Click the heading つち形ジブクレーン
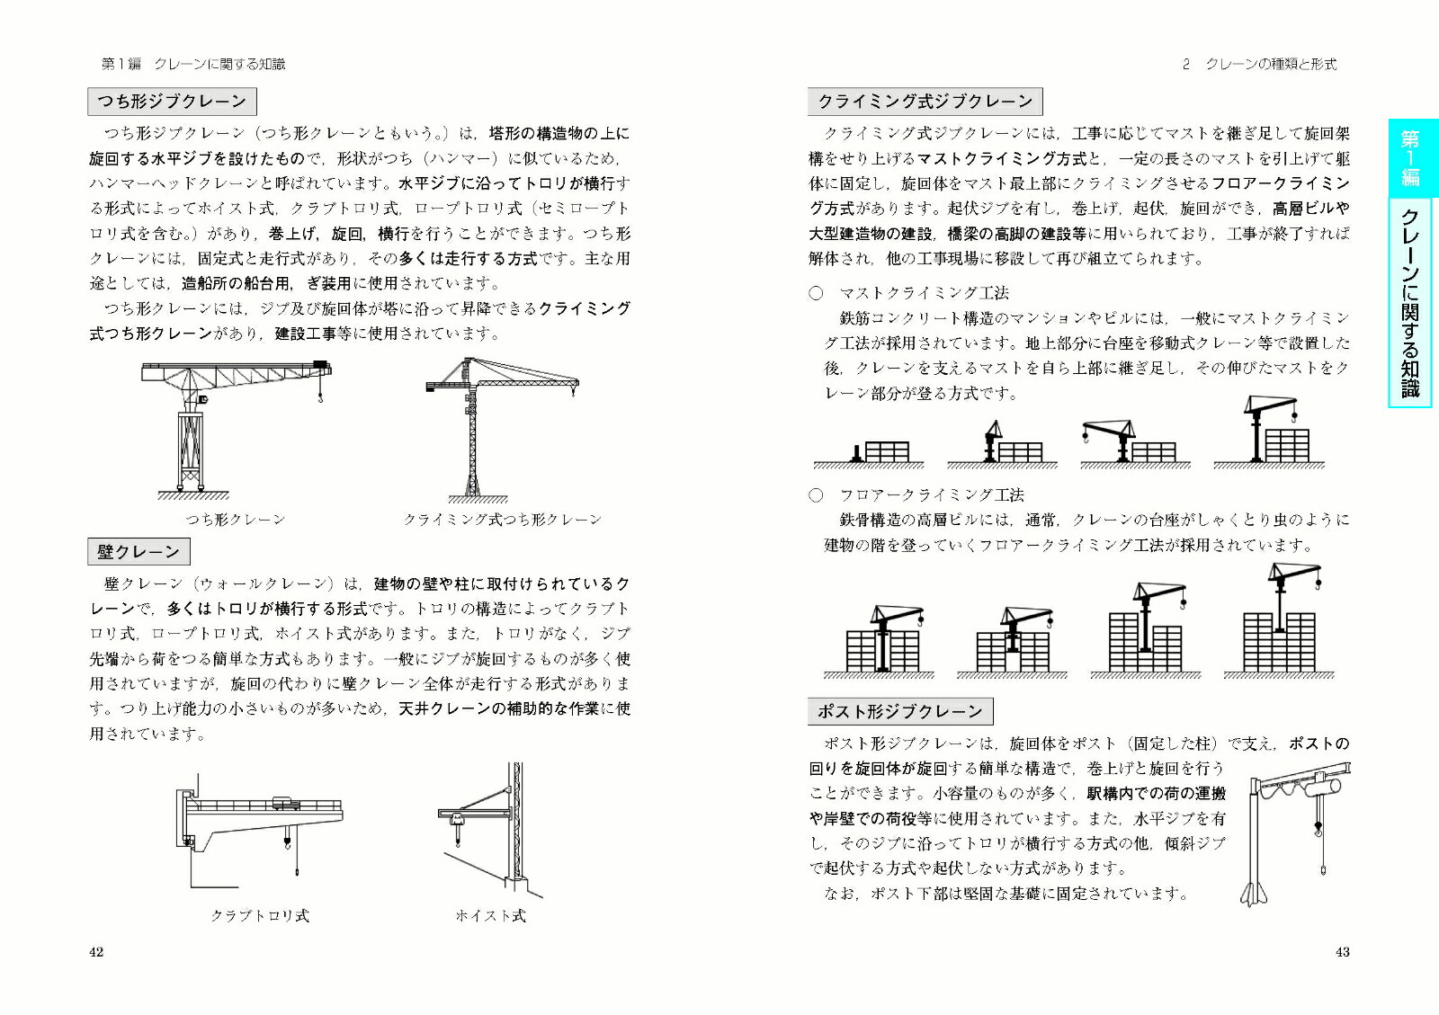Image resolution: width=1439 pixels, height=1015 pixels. tap(172, 101)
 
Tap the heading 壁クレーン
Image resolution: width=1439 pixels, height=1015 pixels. tap(139, 551)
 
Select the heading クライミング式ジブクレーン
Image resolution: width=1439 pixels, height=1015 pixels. tap(925, 101)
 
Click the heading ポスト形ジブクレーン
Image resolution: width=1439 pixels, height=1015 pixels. tap(899, 711)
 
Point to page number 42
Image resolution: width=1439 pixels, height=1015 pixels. tap(96, 952)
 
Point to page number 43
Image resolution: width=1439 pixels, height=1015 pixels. tap(1342, 952)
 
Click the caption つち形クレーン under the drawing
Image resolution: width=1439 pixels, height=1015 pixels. tap(235, 520)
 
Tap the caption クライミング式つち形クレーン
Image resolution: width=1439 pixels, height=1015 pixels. tap(502, 520)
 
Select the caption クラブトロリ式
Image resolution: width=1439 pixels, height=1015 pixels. tap(259, 915)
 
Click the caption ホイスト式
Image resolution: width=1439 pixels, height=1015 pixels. tap(490, 915)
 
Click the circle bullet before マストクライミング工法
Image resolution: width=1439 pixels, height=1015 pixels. tap(816, 293)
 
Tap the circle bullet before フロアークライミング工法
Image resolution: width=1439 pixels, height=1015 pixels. tap(816, 495)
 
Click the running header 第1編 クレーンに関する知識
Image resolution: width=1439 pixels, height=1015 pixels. tap(193, 64)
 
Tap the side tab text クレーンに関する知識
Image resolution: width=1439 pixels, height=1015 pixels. tap(1409, 301)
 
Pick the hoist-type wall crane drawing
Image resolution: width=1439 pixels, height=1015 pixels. tap(490, 832)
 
